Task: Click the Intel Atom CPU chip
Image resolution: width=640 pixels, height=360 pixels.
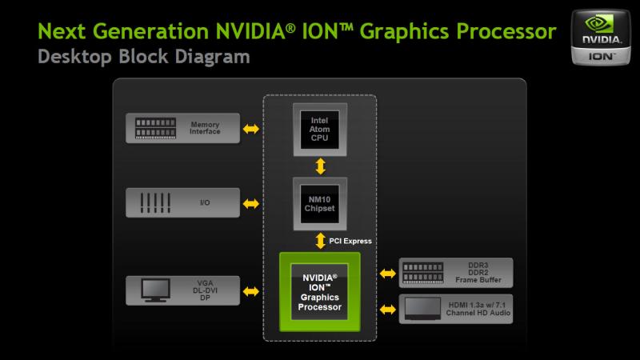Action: tap(320, 130)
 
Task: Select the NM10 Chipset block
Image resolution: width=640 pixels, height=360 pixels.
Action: tap(320, 204)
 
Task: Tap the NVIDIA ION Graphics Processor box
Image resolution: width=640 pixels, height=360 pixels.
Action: tap(319, 292)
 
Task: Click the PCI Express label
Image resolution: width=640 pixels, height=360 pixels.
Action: tap(350, 241)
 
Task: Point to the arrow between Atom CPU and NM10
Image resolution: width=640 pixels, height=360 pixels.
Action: tap(321, 166)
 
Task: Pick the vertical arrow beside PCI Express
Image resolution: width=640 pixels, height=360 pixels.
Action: tap(321, 241)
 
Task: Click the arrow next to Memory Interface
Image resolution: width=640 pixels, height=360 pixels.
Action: tap(250, 129)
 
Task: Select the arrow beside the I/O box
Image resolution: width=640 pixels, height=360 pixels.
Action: tap(250, 203)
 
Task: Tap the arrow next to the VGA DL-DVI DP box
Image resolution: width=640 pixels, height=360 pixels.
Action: tap(250, 291)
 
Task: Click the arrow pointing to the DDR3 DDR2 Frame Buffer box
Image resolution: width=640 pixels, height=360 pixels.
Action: tap(388, 274)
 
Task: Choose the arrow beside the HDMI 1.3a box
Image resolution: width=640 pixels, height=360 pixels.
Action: tap(388, 310)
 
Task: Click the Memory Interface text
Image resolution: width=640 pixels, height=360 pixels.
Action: tap(205, 128)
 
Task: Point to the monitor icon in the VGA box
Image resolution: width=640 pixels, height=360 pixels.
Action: tap(155, 290)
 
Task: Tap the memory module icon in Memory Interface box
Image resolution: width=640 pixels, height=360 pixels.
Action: tap(155, 128)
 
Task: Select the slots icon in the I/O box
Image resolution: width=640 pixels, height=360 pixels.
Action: tap(155, 203)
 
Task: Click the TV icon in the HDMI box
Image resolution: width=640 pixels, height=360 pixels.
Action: tap(422, 309)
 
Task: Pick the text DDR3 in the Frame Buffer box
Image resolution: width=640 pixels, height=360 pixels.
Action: tap(478, 266)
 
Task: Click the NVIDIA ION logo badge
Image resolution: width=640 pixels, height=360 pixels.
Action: tap(601, 37)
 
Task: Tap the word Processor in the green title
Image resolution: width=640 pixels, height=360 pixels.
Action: tap(506, 31)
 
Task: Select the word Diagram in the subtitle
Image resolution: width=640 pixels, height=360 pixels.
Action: tap(212, 57)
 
